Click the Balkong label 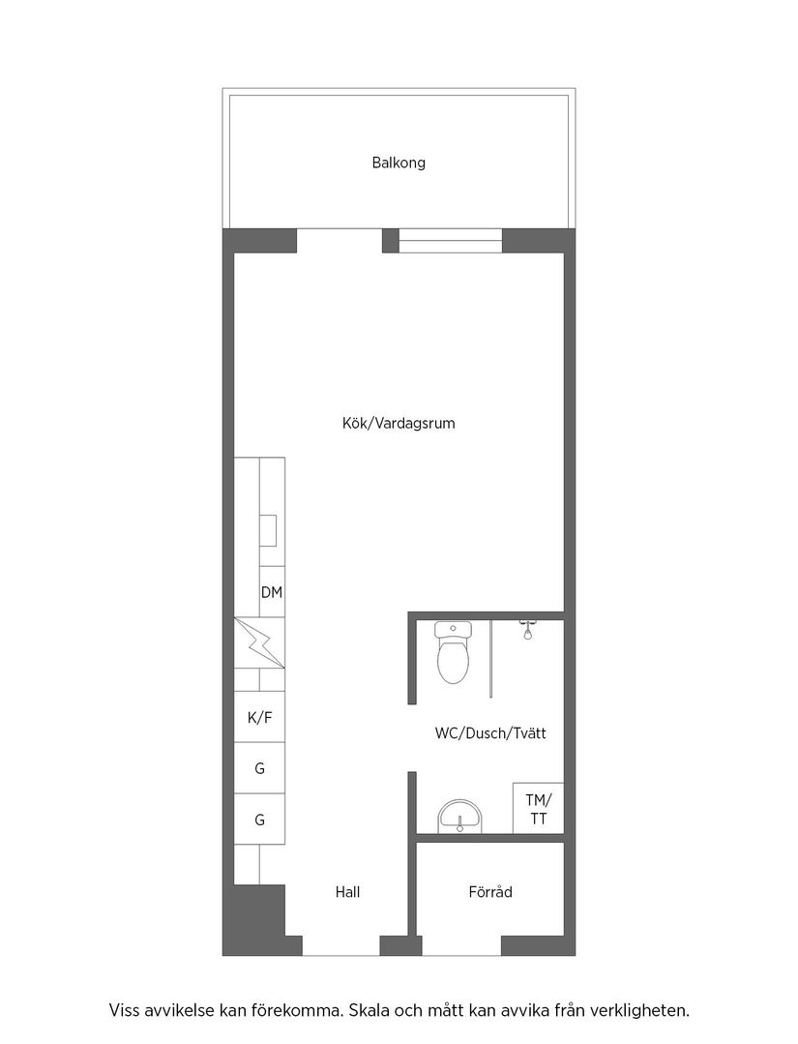(398, 163)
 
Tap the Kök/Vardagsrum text (398, 423)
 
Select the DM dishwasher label (272, 592)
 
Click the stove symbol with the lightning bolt (259, 642)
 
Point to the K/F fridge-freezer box (259, 718)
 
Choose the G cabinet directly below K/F (259, 769)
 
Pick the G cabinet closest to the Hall (259, 820)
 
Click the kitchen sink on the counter (268, 531)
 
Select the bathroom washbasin (458, 816)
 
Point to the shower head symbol (527, 630)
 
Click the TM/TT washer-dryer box (537, 809)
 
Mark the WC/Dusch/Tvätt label (490, 733)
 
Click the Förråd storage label (489, 892)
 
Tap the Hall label (347, 892)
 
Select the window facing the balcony (450, 240)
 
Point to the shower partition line (491, 658)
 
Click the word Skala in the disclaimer (372, 1011)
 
